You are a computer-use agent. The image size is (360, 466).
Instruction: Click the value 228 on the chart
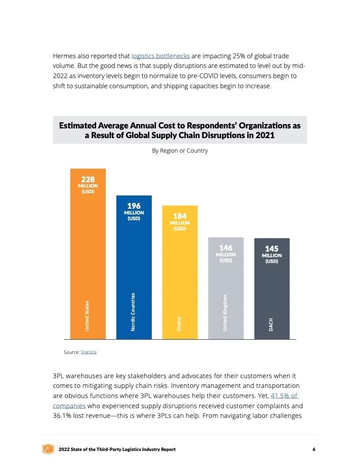coord(88,179)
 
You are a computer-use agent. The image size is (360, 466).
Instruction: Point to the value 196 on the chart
coord(134,206)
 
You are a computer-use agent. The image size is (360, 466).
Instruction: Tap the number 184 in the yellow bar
coord(180,216)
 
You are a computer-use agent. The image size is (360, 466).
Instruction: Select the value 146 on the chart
coord(225,248)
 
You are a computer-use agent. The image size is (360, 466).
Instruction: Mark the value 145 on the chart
coord(272,248)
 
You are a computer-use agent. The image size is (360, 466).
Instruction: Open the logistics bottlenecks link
coord(161,56)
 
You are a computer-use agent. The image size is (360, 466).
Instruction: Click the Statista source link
coord(88,352)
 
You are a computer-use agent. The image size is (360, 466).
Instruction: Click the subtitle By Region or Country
coord(180,150)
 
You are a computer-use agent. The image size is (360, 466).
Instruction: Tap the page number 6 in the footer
coord(314,449)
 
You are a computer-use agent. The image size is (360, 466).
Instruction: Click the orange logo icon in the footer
coord(48,449)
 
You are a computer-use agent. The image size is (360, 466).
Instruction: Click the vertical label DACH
coord(271,324)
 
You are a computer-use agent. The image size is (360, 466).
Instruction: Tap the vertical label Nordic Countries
coord(133,312)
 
